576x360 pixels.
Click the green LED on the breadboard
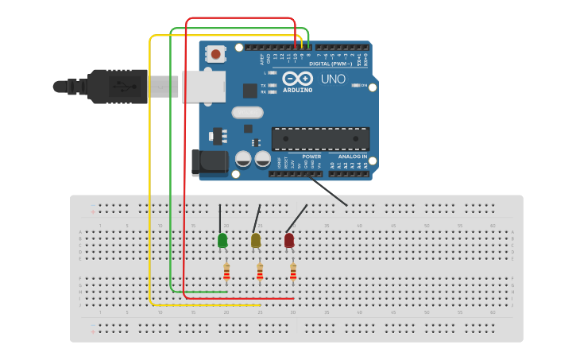point(222,240)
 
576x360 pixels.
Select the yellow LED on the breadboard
point(256,240)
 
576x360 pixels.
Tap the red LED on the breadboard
point(289,240)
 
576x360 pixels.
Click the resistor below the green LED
point(226,273)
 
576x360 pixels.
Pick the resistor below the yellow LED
point(260,273)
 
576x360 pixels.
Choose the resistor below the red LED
point(293,273)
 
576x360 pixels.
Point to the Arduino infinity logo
point(297,79)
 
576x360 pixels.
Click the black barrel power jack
point(210,164)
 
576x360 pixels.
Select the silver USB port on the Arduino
point(203,86)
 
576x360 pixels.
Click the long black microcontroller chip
point(320,138)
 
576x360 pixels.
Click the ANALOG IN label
point(353,157)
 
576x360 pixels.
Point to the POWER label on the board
point(311,157)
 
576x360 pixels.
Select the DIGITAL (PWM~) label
point(330,63)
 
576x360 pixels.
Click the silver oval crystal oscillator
point(247,113)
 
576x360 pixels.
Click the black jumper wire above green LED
point(221,218)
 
